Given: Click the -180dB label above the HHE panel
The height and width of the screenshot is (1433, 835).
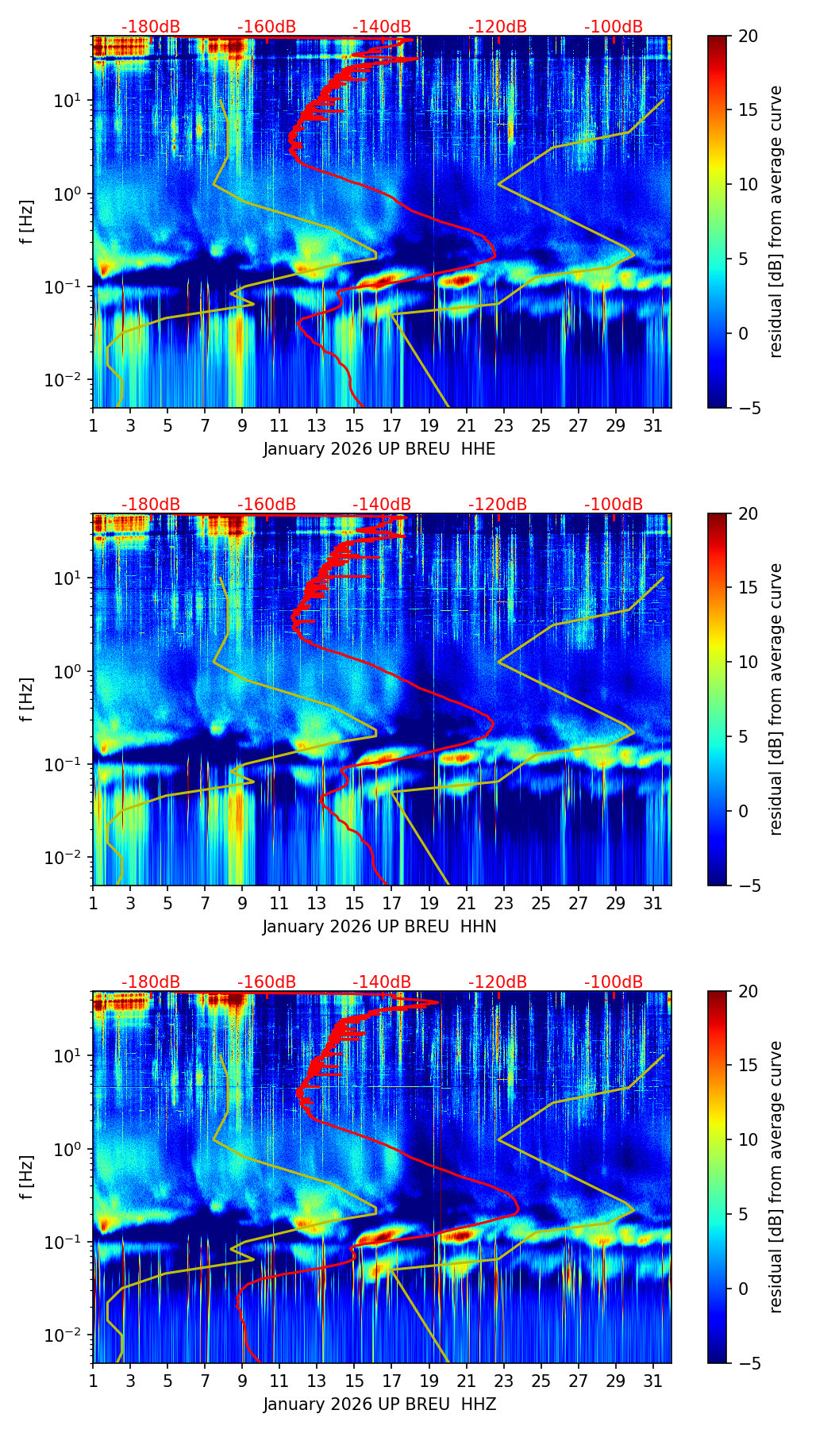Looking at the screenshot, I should [x=151, y=27].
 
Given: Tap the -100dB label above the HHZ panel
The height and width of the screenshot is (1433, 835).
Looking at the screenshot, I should [x=614, y=982].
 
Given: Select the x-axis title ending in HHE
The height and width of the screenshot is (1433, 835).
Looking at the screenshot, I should [x=379, y=449].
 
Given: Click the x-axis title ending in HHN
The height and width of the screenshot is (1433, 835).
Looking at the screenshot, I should [x=379, y=927].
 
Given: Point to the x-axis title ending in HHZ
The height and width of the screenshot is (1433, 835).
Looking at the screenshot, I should [x=379, y=1404].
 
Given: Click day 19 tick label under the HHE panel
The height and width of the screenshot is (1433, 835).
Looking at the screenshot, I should [x=429, y=425].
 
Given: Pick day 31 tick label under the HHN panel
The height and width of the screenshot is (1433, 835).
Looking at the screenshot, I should [x=653, y=903].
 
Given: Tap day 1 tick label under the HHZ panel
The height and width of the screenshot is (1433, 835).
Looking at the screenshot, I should [x=93, y=1381].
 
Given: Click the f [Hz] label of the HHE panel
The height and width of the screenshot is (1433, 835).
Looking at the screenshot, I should [x=27, y=222].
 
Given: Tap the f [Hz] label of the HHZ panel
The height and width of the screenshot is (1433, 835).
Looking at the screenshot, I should [x=27, y=1178].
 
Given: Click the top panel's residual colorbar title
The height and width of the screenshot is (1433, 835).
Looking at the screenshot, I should [x=776, y=222].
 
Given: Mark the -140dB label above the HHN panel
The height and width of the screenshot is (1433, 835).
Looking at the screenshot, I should [x=382, y=505].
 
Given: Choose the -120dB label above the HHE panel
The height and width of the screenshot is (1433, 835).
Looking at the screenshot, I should [x=498, y=27].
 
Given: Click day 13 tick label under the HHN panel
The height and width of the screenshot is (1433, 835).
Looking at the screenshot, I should [x=317, y=903].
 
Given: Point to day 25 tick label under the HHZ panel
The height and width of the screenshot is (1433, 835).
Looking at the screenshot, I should [x=541, y=1381].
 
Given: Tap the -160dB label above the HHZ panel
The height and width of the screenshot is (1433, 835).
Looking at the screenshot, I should [x=267, y=982].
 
